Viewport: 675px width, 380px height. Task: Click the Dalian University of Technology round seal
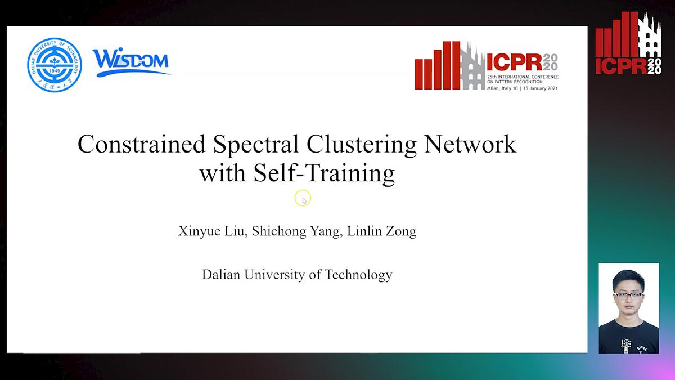click(x=55, y=65)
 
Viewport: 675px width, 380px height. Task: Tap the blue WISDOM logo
click(x=131, y=62)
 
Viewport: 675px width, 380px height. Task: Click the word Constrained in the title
click(x=141, y=145)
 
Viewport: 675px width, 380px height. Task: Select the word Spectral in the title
click(x=256, y=145)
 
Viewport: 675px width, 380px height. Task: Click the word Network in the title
click(x=470, y=145)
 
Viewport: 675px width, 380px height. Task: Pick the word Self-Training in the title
click(x=325, y=173)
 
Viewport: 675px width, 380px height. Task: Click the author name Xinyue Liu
click(x=211, y=232)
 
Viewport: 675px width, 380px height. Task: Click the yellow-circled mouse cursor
click(x=303, y=199)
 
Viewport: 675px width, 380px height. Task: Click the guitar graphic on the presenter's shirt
click(x=625, y=343)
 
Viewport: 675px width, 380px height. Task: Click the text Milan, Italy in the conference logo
click(x=502, y=88)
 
